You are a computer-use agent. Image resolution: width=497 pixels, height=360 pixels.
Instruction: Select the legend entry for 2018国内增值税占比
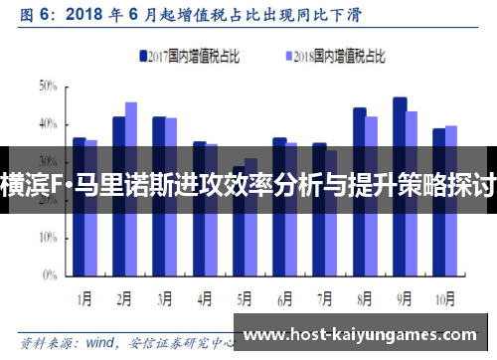[333, 57]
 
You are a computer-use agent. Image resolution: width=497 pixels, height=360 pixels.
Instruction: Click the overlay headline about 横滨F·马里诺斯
[248, 185]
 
